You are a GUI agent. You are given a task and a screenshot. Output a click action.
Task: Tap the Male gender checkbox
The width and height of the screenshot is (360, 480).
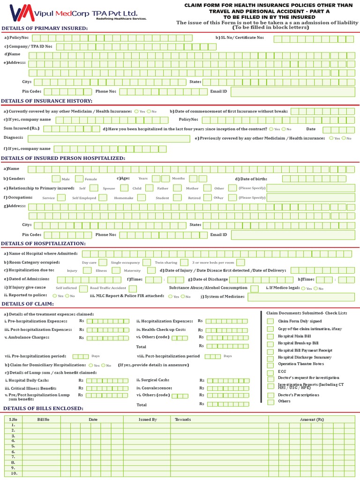pos(56,179)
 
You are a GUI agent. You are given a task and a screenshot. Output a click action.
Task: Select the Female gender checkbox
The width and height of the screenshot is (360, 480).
pos(79,179)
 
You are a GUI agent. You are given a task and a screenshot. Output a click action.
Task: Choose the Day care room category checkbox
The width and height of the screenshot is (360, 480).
pos(103,262)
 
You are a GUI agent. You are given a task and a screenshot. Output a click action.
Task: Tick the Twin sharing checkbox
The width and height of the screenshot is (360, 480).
pos(184,262)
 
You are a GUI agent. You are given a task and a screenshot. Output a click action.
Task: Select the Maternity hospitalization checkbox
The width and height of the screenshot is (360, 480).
pos(151,270)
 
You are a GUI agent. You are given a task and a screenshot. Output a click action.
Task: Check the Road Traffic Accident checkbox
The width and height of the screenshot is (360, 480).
pos(133,288)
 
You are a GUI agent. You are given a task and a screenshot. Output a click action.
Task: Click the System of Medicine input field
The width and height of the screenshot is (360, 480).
pos(301,297)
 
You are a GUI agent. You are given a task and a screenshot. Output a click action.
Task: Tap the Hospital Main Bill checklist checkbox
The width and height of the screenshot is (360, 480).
pos(270,336)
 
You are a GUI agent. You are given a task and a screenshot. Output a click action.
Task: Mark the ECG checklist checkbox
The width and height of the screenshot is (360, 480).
pos(270,372)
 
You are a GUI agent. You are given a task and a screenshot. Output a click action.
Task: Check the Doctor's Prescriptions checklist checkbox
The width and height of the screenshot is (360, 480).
pos(270,395)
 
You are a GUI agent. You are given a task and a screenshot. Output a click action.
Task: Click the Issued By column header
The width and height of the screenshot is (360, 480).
pos(148,419)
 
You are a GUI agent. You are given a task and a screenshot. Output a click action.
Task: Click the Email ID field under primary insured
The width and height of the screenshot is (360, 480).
pos(292,91)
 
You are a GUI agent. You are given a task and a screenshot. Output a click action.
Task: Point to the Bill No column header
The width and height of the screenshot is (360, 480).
pos(43,419)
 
